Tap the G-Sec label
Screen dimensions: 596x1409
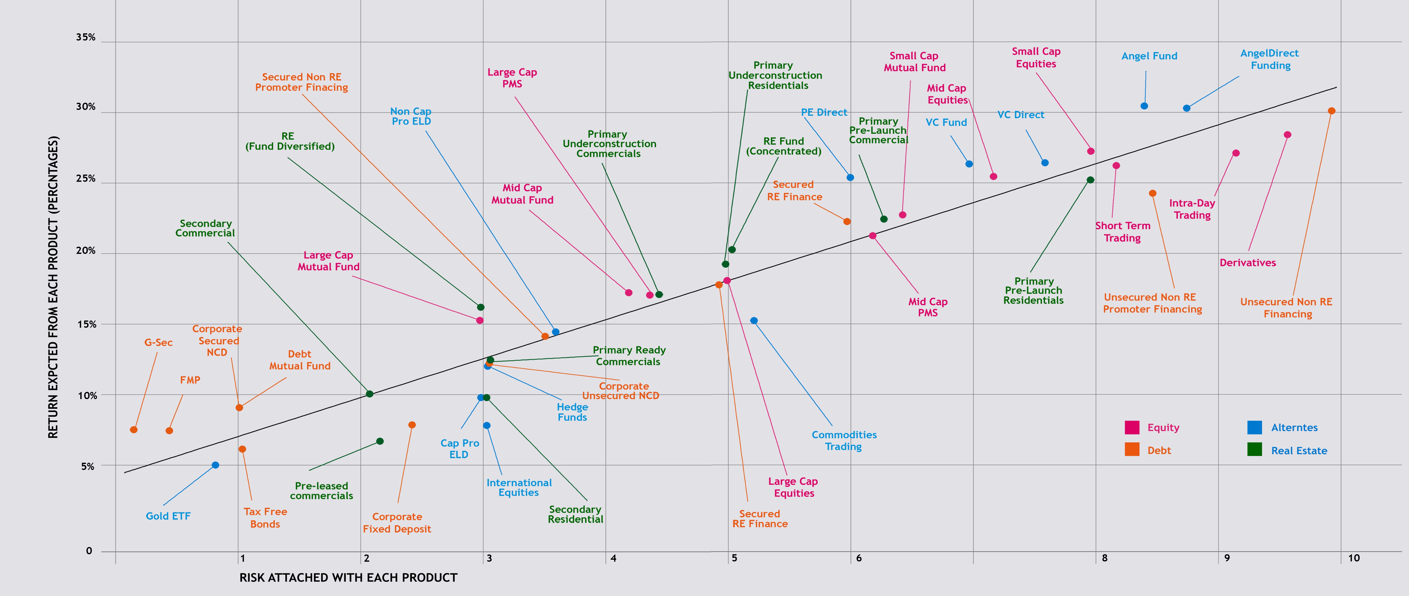(x=158, y=343)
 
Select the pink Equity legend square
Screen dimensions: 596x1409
(x=1132, y=427)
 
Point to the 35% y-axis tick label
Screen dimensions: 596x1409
(x=85, y=37)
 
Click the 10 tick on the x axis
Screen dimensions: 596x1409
(x=1353, y=558)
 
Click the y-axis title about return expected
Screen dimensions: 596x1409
(x=53, y=287)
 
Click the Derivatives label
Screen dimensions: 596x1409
(x=1248, y=263)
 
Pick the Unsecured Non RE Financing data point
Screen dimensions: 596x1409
(x=1331, y=111)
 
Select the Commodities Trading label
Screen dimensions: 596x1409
(x=844, y=441)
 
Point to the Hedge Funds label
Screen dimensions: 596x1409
(x=572, y=412)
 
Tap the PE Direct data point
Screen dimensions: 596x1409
(x=850, y=177)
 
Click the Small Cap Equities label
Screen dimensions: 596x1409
(x=1036, y=57)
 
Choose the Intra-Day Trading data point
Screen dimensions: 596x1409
(x=1236, y=153)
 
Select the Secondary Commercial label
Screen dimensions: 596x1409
(x=205, y=228)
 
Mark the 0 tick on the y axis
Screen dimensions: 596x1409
(x=88, y=551)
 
